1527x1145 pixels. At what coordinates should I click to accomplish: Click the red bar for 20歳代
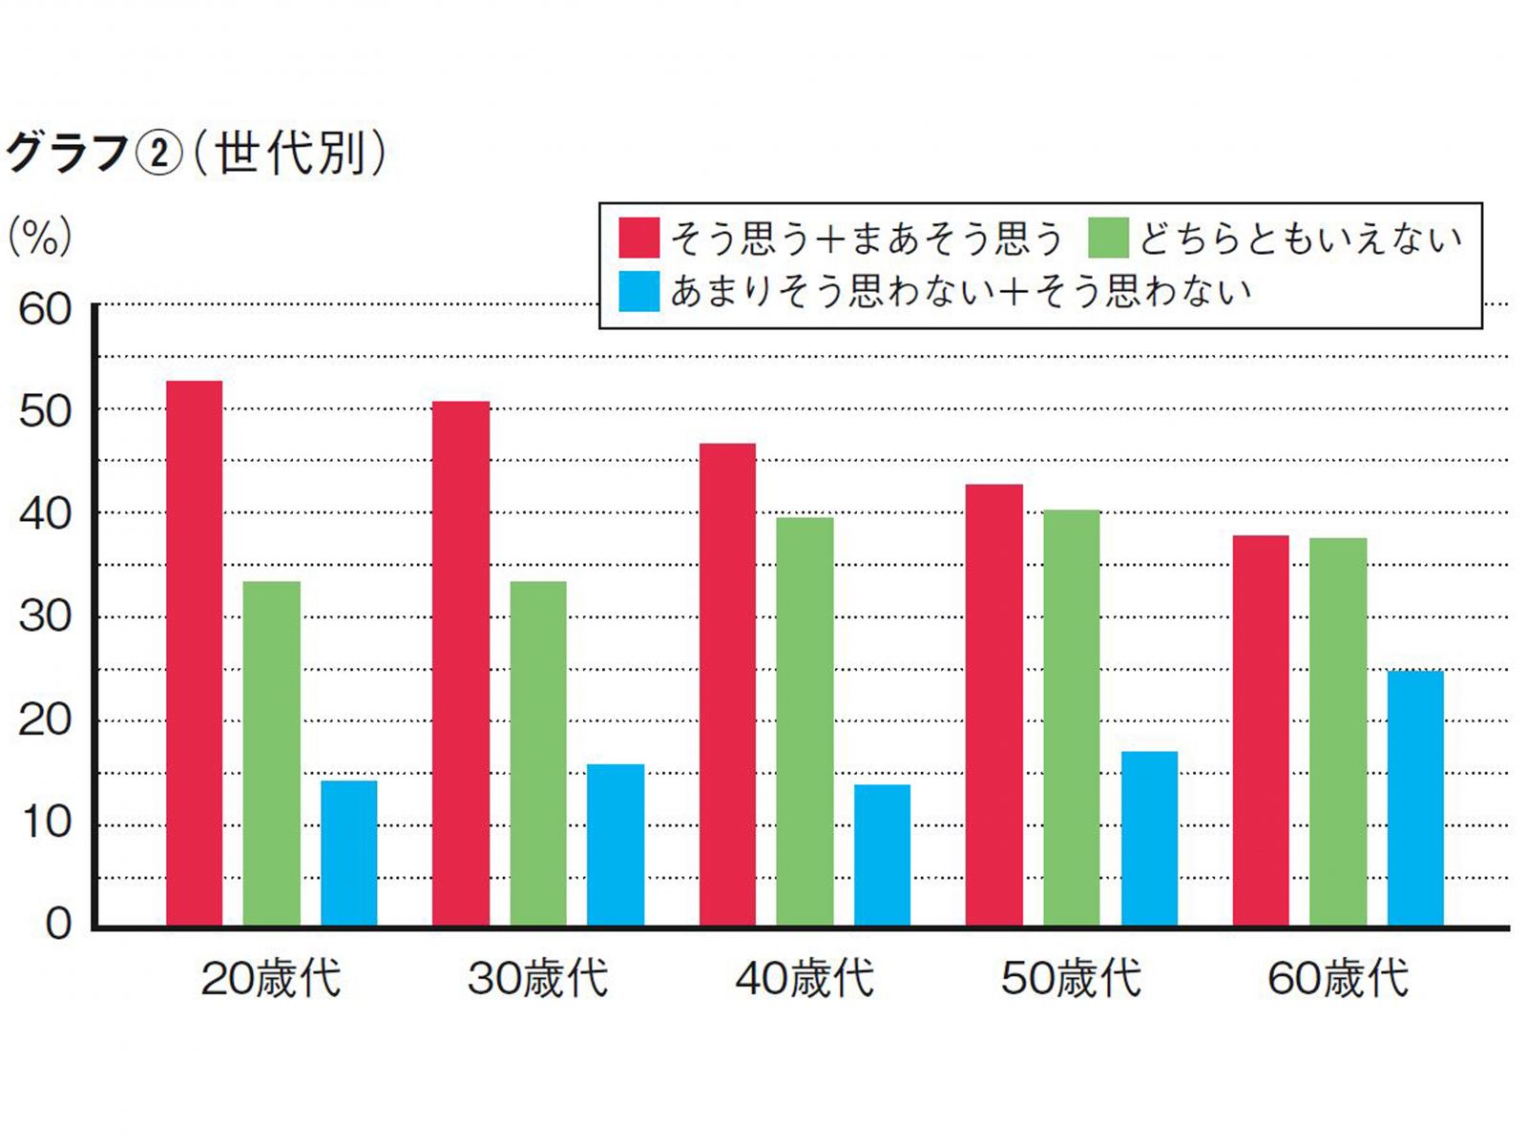(195, 654)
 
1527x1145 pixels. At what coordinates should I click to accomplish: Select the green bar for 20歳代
(271, 754)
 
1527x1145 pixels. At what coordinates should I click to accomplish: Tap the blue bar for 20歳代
(348, 853)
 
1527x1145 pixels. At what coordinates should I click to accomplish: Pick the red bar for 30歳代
(461, 664)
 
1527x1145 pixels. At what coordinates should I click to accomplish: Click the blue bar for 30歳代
(615, 845)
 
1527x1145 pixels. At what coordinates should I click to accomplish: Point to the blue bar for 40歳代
(882, 855)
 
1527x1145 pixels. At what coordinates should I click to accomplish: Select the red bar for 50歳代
(994, 705)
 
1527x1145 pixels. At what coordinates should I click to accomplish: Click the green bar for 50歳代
(1072, 718)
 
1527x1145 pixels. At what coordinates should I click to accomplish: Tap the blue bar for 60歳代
(1415, 799)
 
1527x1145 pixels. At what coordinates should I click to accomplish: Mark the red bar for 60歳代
(1261, 731)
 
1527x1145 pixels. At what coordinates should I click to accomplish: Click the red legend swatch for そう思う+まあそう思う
(638, 238)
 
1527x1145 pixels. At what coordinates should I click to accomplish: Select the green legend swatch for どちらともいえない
(1108, 238)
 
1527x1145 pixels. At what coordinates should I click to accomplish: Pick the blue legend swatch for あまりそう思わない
(638, 291)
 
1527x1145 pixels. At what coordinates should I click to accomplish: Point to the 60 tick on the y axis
(45, 310)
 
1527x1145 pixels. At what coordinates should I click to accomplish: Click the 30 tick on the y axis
(45, 617)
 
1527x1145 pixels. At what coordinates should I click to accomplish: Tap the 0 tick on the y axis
(58, 924)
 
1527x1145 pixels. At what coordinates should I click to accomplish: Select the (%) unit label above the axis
(40, 236)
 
